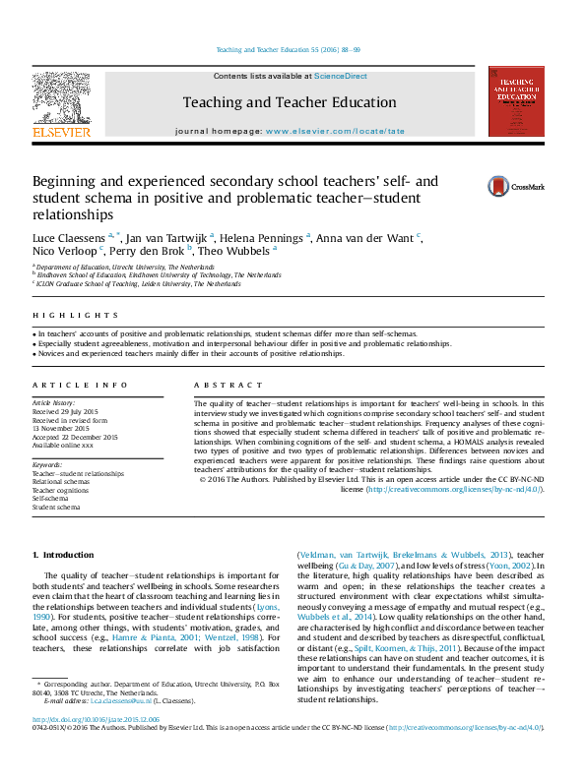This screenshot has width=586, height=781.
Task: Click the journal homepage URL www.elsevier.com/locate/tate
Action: (x=335, y=130)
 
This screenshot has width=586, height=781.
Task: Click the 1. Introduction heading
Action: (x=64, y=555)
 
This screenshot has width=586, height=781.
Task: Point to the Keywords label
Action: (x=47, y=464)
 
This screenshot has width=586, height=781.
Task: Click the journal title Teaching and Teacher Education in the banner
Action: (x=289, y=102)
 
